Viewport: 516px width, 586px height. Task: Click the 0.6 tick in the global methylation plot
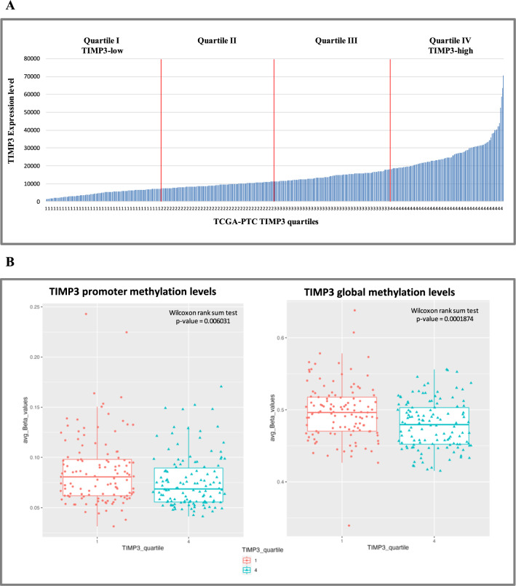[x=281, y=337]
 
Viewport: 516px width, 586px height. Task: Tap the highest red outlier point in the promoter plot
[x=85, y=314]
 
